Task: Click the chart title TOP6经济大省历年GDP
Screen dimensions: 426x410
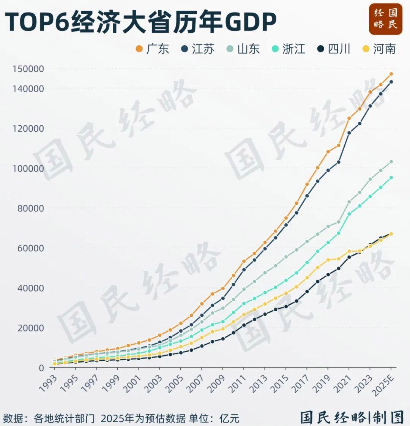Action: [140, 22]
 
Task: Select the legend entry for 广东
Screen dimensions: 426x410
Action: [152, 49]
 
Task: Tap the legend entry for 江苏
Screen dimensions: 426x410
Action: [198, 49]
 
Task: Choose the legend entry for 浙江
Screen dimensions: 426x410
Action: [289, 49]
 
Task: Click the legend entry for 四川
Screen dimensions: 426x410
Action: [334, 49]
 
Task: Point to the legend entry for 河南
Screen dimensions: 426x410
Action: [379, 49]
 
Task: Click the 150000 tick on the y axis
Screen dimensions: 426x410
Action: [28, 69]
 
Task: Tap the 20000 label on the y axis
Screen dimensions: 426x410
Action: [30, 328]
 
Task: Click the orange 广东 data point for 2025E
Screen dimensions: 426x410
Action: [391, 74]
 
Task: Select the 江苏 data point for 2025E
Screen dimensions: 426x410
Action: [391, 82]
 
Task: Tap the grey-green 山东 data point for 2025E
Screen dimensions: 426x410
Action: [391, 162]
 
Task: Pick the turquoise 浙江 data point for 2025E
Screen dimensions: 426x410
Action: [391, 177]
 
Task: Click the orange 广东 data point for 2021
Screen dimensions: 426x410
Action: [349, 118]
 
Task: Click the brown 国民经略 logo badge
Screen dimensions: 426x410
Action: [385, 19]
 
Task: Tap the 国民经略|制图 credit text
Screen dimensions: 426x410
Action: [352, 417]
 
